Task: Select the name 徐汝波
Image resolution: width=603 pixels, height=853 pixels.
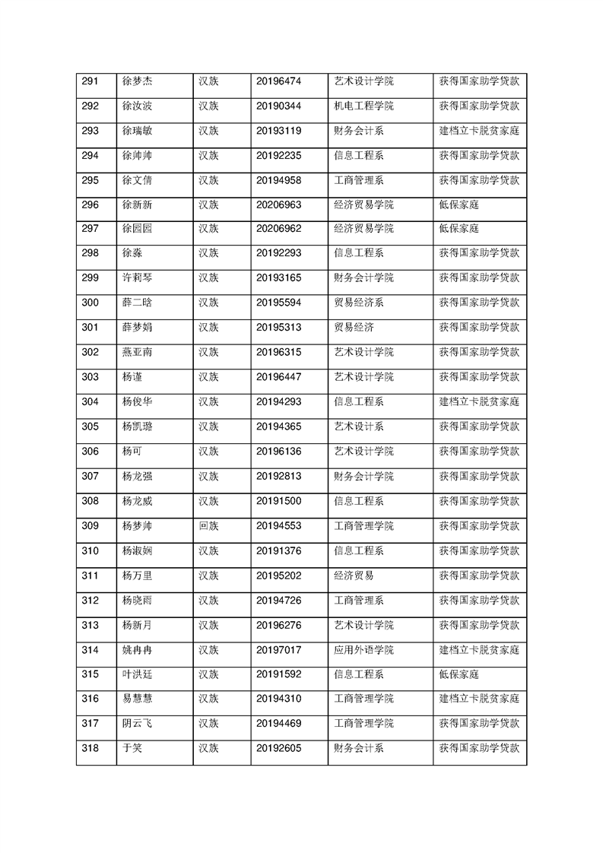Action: coord(137,106)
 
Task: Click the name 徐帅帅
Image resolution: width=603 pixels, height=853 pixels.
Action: coord(137,155)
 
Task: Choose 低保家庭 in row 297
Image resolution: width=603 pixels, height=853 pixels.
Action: coord(459,229)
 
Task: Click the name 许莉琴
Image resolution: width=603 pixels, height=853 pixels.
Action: coord(137,278)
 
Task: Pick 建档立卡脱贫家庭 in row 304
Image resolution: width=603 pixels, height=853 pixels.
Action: coord(479,402)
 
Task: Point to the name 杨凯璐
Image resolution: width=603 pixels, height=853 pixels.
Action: coord(137,426)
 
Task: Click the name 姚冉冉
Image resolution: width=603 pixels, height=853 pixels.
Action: coord(137,649)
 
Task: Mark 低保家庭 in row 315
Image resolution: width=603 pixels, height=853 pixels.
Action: coord(459,674)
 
